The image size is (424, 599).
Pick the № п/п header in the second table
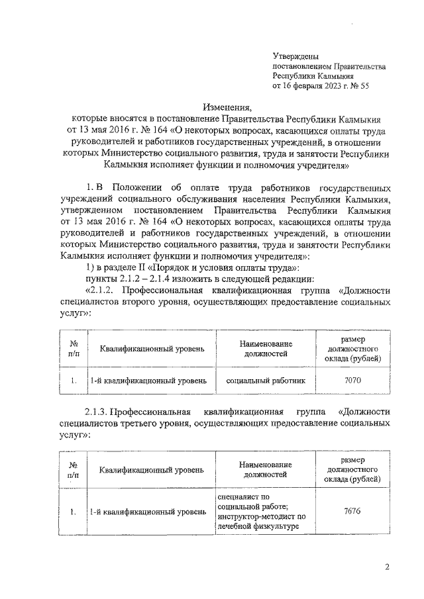coord(74,470)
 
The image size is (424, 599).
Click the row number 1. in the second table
coord(74,511)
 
